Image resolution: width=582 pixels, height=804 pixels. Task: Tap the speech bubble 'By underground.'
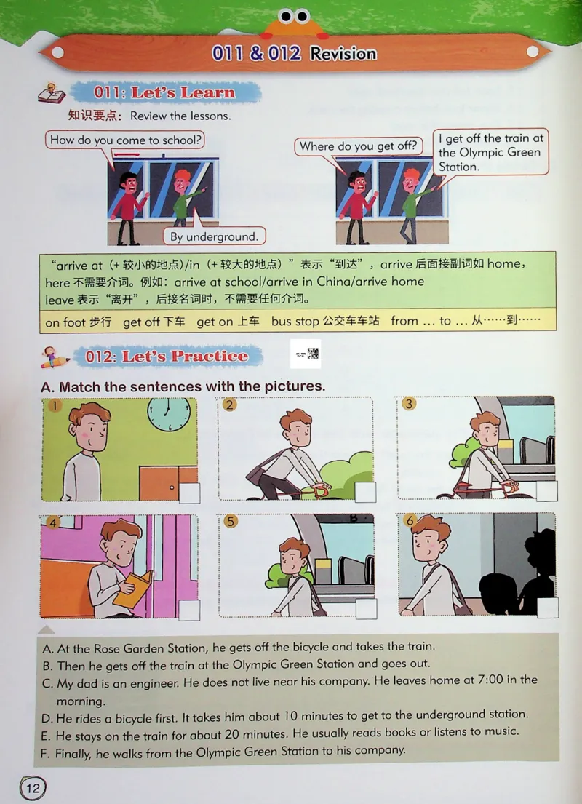point(214,236)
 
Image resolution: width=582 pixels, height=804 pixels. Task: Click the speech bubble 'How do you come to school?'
point(126,140)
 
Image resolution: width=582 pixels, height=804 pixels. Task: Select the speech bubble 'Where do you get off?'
point(359,146)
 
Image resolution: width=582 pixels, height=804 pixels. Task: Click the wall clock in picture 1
point(169,413)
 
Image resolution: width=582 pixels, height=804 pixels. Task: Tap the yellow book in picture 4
point(133,588)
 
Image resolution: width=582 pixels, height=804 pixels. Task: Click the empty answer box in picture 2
point(366,493)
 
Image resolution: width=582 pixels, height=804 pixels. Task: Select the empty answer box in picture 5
point(366,609)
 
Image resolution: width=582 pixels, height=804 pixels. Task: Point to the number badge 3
point(410,404)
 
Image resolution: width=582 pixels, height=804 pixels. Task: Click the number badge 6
point(410,521)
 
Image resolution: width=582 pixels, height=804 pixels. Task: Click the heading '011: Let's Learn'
point(164,93)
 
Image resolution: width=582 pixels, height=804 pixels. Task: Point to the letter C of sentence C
point(47,681)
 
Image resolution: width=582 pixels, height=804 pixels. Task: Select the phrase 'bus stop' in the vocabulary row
point(292,321)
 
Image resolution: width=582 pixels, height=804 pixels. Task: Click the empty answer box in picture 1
point(189,494)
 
